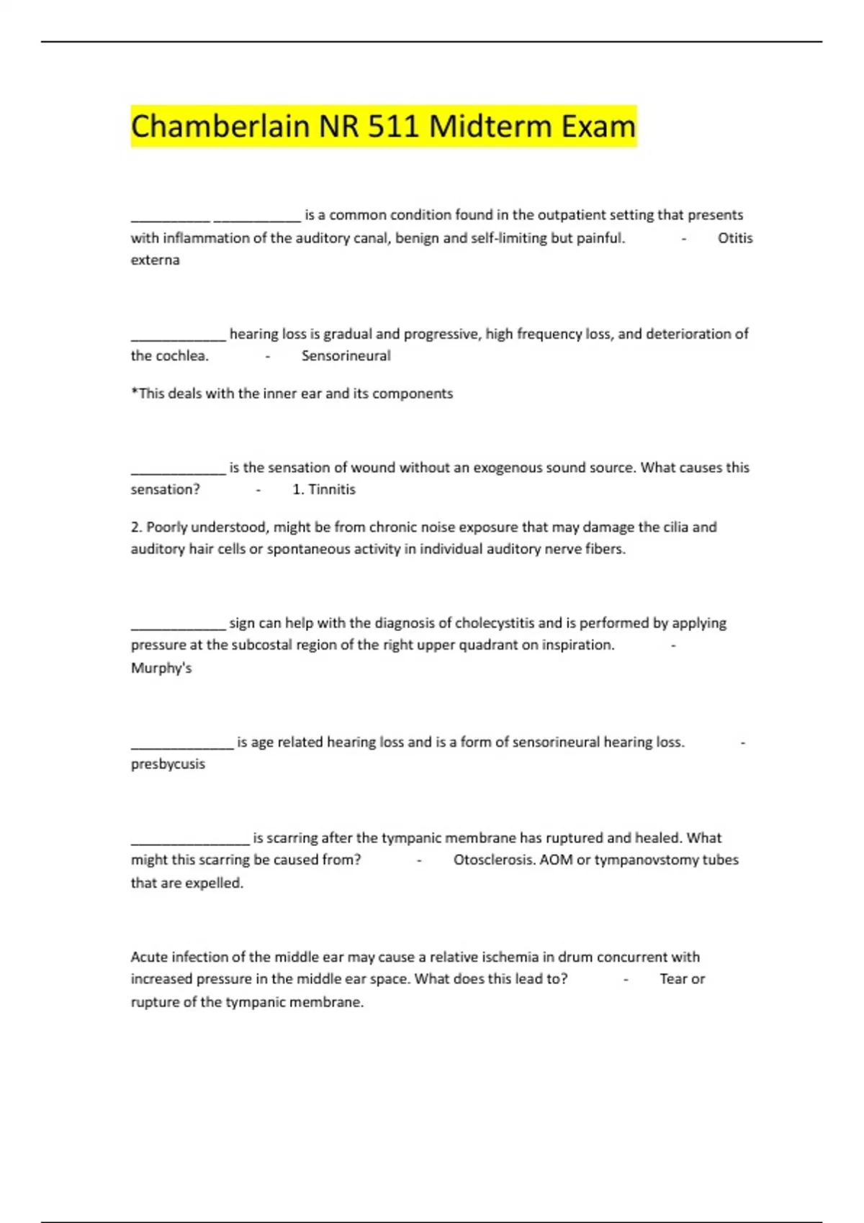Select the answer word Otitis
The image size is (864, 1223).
[x=734, y=238]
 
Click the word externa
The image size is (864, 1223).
[x=155, y=260]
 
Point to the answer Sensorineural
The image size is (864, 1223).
[x=346, y=356]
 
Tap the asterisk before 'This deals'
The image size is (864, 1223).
[x=134, y=392]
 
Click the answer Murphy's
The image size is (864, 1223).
[x=161, y=668]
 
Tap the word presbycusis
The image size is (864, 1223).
[x=168, y=764]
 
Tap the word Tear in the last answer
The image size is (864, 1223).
[x=673, y=979]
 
